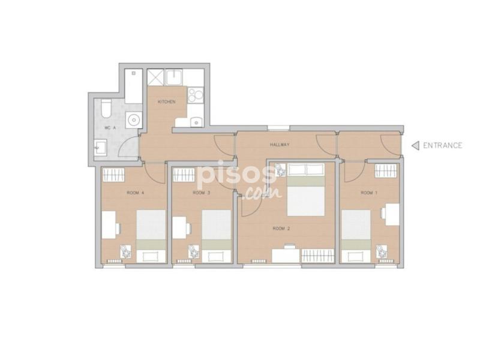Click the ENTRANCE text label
pos(442,145)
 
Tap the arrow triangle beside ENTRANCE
pos(415,146)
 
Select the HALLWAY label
pos(280,145)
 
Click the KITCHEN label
pos(167,101)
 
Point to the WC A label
pos(110,128)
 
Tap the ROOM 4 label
pos(136,193)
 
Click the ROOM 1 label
pos(369,193)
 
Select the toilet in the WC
pos(106,108)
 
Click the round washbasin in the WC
pos(134,120)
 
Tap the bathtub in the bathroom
pos(133,86)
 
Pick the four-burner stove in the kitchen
pos(196,95)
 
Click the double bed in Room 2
pos(305,190)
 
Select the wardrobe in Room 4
pos(113,175)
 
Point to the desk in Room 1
pos(392,214)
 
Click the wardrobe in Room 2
pos(317,256)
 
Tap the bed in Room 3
pos(217,236)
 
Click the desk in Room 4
pos(109,224)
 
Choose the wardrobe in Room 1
pos(386,170)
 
